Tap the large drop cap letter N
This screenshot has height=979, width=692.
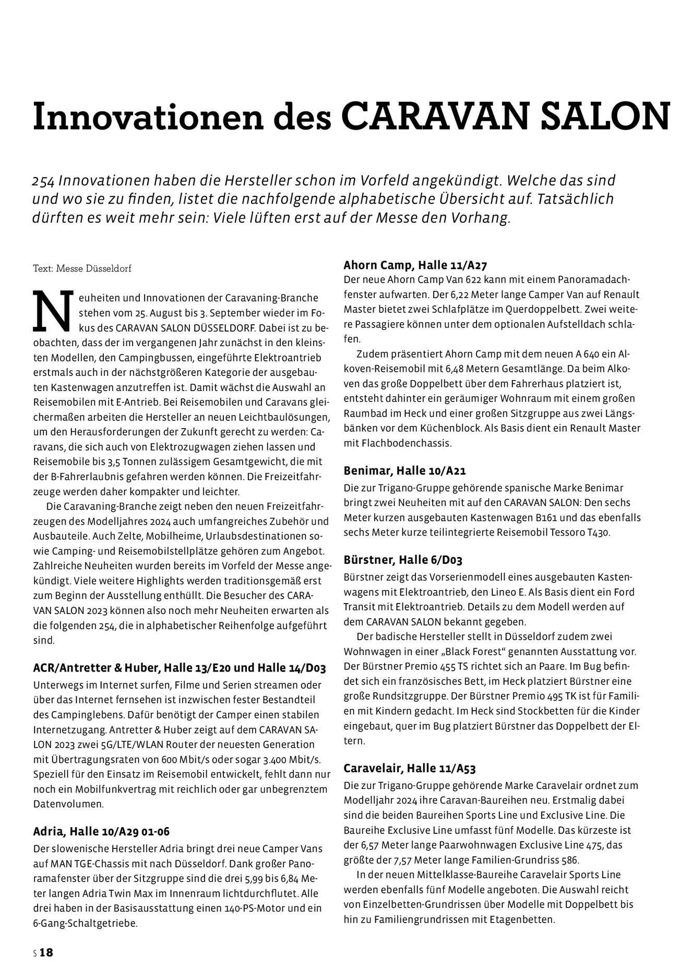tap(51, 312)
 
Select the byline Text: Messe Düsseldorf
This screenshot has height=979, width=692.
tap(82, 269)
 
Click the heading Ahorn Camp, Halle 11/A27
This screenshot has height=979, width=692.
tap(416, 265)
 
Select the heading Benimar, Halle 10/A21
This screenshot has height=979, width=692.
tap(404, 470)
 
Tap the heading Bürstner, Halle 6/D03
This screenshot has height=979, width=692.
tap(403, 560)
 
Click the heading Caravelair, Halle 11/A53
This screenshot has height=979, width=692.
tap(410, 769)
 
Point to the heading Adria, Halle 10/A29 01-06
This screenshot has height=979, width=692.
tap(101, 832)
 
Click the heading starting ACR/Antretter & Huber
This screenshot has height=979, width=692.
tap(180, 668)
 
